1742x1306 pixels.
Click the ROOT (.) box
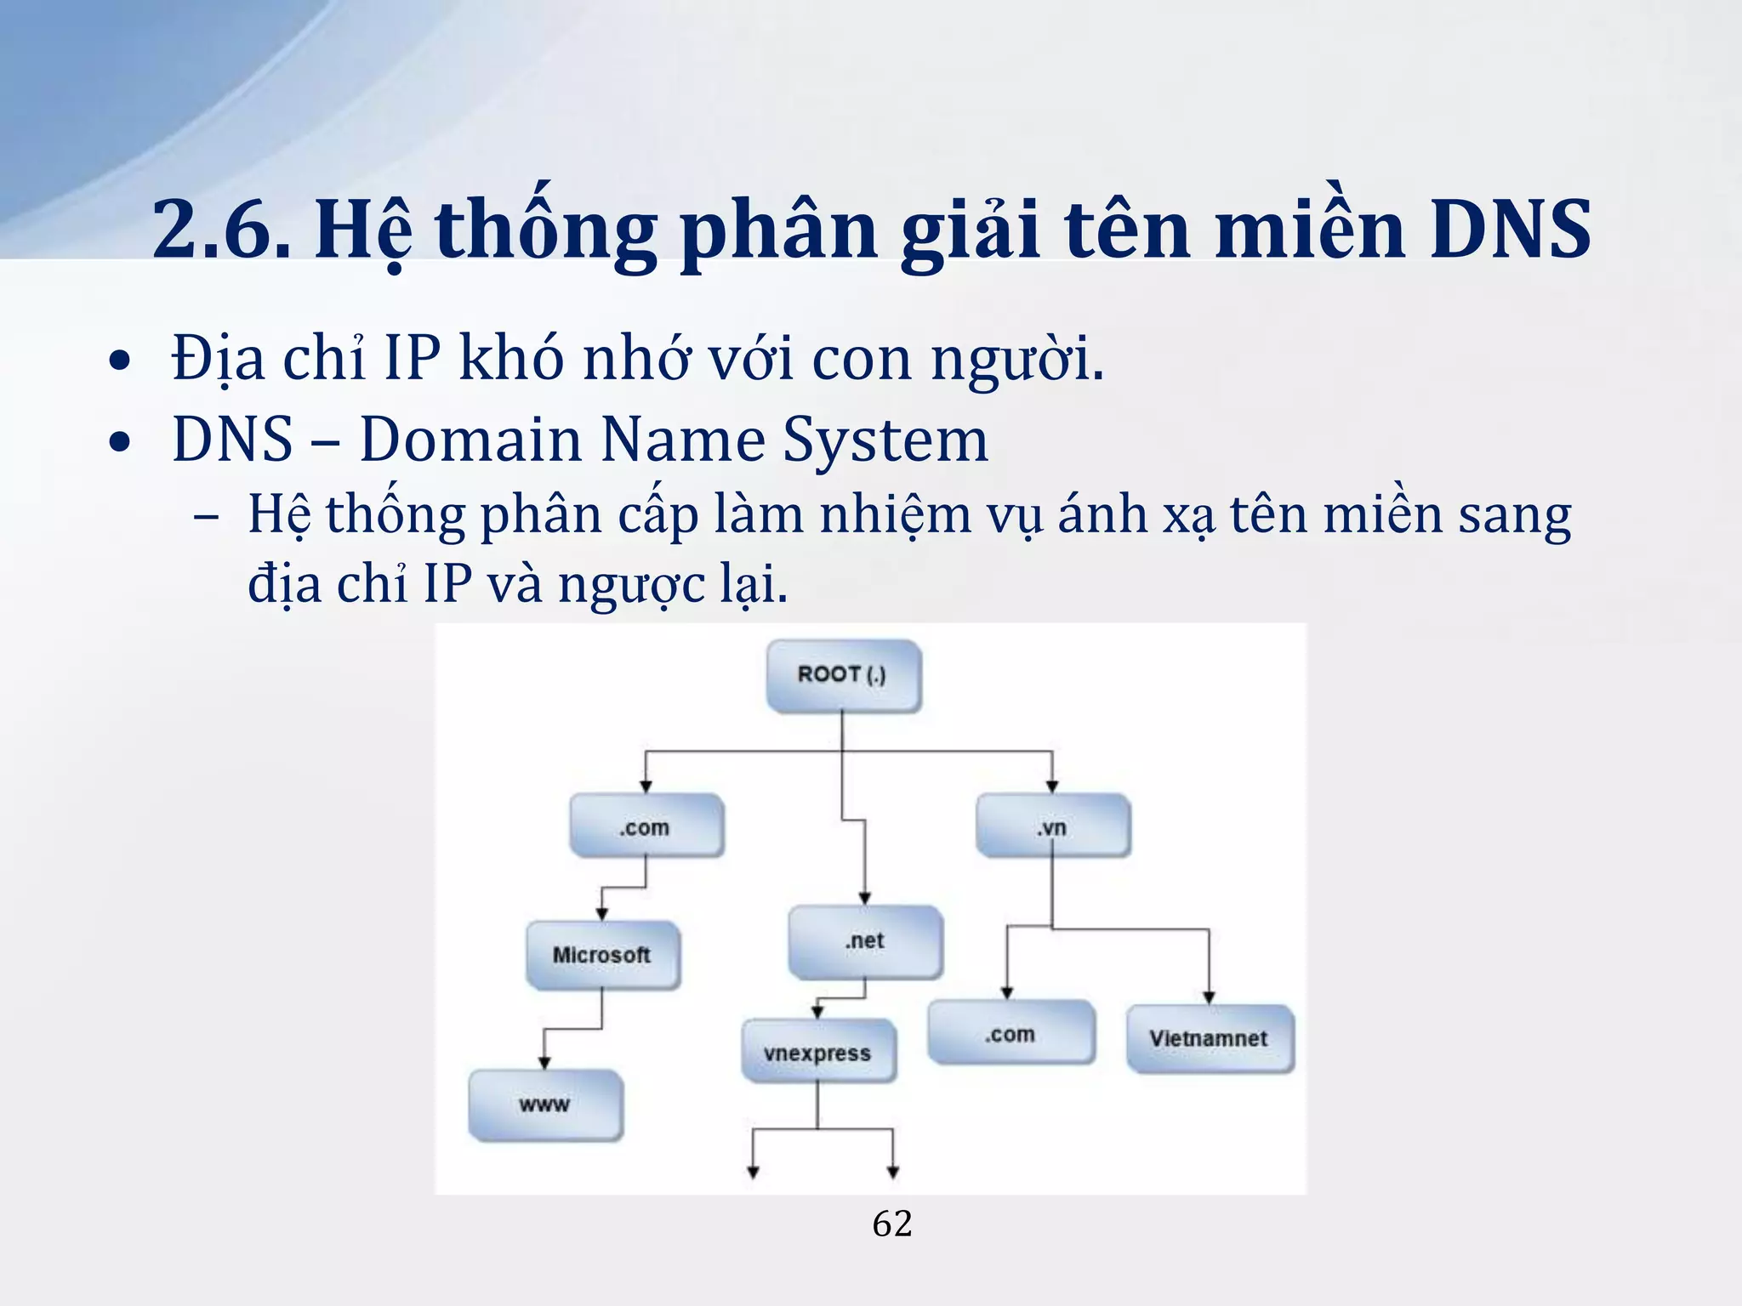842,675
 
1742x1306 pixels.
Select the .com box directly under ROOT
646,826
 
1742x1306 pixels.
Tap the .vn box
1052,826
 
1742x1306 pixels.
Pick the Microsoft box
601,955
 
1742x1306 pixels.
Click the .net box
865,941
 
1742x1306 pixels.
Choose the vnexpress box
817,1053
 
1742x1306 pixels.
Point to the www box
544,1104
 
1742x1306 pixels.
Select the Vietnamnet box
1209,1038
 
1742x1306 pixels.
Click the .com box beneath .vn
1010,1034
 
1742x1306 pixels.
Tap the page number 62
892,1224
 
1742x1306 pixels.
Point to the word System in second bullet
885,440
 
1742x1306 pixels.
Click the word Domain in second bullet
470,440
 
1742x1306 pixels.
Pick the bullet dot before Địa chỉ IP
121,361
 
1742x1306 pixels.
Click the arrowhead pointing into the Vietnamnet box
1209,997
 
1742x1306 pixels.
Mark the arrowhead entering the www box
544,1063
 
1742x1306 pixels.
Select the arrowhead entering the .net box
865,899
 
